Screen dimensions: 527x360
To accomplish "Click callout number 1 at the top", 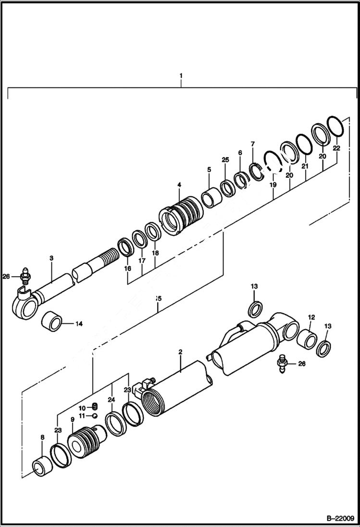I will click(181, 75).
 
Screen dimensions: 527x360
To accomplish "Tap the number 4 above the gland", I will click(179, 184).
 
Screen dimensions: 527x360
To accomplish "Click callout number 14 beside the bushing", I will click(79, 324).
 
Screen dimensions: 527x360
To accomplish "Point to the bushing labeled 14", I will click(52, 320).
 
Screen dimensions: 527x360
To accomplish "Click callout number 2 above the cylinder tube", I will click(180, 352).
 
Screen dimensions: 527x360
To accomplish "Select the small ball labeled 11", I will click(95, 416).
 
